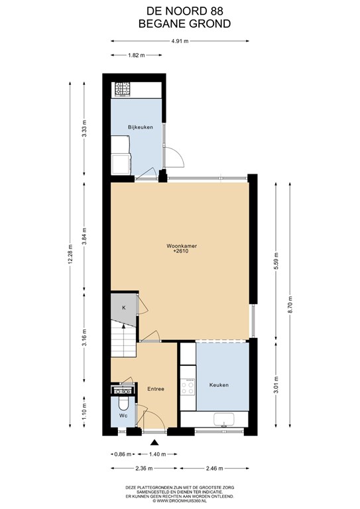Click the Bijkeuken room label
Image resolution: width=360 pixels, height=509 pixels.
[141, 127]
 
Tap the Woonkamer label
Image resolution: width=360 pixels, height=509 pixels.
[182, 246]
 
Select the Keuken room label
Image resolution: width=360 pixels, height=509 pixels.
[219, 385]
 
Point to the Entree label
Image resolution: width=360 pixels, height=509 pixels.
[156, 389]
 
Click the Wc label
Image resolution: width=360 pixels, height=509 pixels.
[123, 416]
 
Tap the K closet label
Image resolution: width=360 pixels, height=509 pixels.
[124, 308]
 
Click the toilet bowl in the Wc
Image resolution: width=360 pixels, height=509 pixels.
[123, 404]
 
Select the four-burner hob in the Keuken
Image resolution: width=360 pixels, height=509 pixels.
[188, 387]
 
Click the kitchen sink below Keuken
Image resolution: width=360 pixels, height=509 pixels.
[224, 419]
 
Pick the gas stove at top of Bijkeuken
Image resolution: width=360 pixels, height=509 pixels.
[122, 89]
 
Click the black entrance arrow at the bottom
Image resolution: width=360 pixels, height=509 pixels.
[155, 442]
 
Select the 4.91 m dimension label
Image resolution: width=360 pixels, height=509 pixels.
[180, 41]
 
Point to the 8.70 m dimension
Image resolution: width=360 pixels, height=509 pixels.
[290, 304]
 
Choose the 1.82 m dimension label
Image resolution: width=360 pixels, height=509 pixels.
[136, 55]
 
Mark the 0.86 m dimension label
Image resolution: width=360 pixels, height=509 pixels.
[123, 454]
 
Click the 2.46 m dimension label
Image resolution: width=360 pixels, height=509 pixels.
[214, 469]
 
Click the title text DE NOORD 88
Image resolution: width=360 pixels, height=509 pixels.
[185, 11]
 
